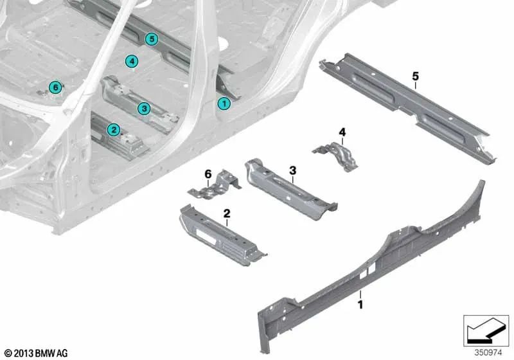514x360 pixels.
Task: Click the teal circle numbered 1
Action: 224,102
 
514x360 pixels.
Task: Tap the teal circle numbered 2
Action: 113,130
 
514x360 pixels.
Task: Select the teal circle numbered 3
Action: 145,109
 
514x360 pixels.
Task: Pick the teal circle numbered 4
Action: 131,62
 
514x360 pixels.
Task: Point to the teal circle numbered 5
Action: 152,39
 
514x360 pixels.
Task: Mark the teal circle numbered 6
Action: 55,87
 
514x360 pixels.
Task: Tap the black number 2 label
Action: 227,212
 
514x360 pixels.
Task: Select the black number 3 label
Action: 292,170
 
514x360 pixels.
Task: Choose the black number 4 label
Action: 342,132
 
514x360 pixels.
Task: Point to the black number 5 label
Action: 415,76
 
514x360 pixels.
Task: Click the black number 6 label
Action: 208,174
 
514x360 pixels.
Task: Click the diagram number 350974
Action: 488,352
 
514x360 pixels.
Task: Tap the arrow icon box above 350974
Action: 486,330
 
